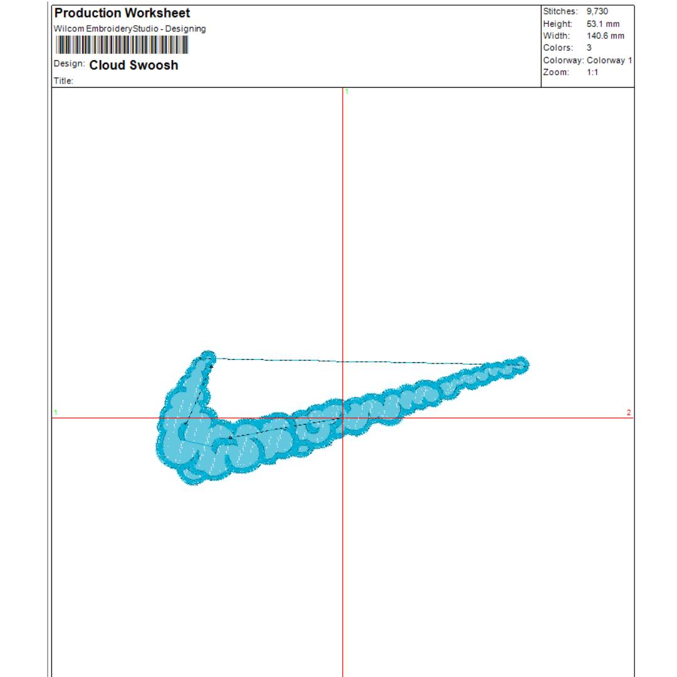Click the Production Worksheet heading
[122, 13]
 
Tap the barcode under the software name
[122, 45]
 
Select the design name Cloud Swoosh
[134, 65]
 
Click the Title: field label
[63, 81]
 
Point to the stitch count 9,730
[597, 11]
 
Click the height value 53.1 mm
[603, 24]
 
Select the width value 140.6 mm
[606, 36]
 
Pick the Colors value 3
[589, 48]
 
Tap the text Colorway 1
[609, 60]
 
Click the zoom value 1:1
[592, 72]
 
